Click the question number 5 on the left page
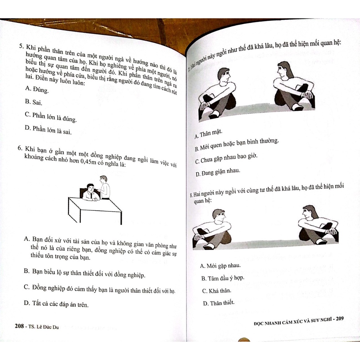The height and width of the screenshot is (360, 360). tap(21, 46)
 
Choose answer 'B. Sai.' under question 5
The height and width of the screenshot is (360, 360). tap(33, 102)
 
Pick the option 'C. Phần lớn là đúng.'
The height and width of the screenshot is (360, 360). tap(50, 117)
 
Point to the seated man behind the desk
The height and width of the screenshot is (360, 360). tap(91, 193)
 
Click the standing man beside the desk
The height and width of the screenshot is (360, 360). tap(104, 187)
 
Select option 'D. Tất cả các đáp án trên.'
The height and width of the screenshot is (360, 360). tap(56, 303)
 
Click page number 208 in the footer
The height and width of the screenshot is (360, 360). tap(19, 326)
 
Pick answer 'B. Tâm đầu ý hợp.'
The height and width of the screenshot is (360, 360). tap(223, 278)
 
